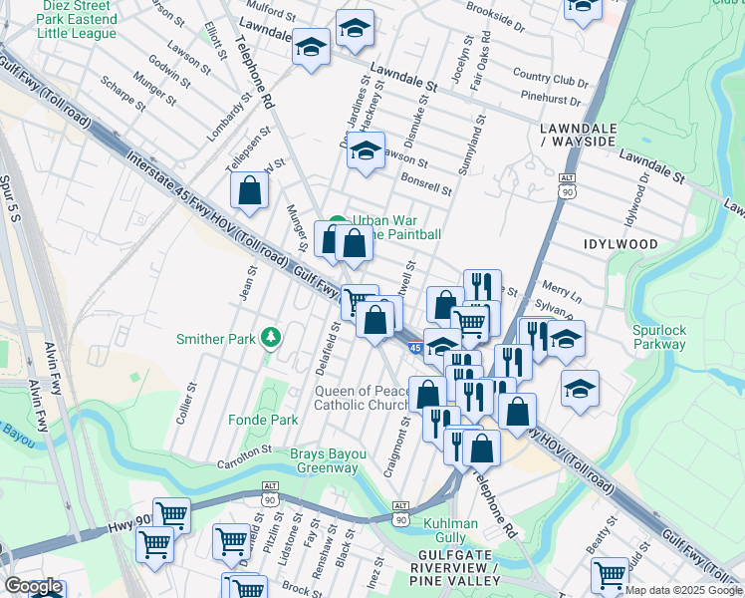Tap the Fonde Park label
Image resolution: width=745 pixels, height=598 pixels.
(x=263, y=420)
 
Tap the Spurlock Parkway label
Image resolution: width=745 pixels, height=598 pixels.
(x=659, y=336)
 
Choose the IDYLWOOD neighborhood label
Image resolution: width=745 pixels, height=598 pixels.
(x=620, y=243)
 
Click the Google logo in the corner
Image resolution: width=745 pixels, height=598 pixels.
(x=33, y=586)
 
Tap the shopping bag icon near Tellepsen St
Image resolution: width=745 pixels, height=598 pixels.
(x=249, y=189)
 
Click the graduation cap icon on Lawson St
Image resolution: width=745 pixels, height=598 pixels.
(x=367, y=151)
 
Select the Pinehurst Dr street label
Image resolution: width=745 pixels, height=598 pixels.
(x=551, y=98)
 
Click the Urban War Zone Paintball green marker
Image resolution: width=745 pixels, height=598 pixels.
(x=339, y=221)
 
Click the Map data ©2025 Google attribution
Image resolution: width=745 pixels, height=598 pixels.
(x=683, y=590)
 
